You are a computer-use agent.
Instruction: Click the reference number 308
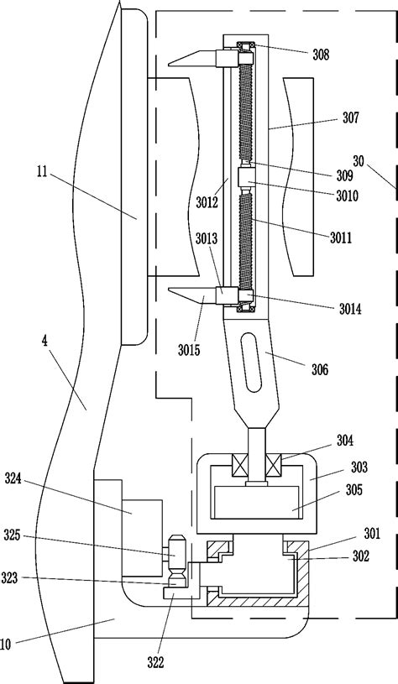[321, 55]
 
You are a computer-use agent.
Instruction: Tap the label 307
[350, 117]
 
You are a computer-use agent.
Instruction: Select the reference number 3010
[347, 196]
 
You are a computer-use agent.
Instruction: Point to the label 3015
[189, 349]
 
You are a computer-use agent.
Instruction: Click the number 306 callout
[319, 370]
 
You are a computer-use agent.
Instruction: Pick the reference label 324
[13, 478]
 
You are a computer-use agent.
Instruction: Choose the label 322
[155, 663]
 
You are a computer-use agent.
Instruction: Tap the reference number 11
[42, 171]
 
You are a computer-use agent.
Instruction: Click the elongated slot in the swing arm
[252, 362]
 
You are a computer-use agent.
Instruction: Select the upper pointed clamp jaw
[192, 59]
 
